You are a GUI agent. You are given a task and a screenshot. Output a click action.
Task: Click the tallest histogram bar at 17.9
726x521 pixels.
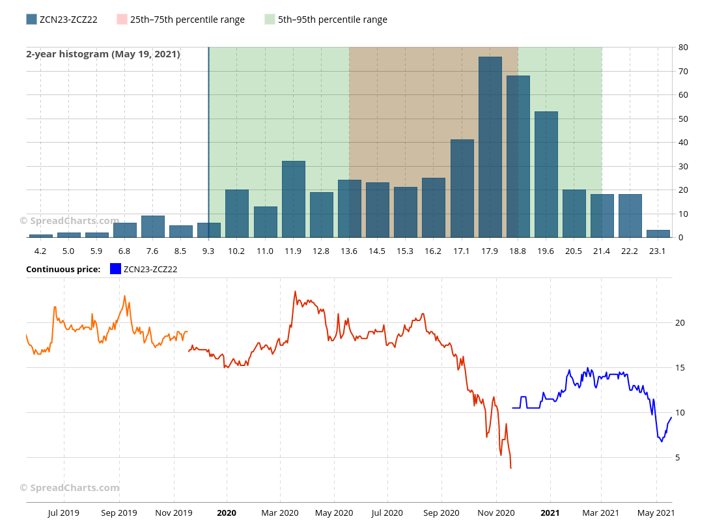coord(490,147)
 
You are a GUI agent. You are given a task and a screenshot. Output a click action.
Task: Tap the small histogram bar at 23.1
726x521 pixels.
coord(658,234)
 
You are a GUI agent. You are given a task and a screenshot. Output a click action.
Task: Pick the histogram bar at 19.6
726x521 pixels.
coord(546,175)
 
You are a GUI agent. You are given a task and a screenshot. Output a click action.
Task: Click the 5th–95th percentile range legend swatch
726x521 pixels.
coord(270,20)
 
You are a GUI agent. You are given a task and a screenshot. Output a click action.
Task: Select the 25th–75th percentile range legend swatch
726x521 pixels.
coord(122,20)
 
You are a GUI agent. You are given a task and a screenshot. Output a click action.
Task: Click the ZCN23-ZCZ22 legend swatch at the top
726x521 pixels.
coord(31,20)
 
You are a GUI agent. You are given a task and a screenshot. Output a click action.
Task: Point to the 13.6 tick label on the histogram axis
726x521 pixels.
coord(349,251)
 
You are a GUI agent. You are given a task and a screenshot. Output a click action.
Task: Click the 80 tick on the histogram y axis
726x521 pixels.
coord(683,48)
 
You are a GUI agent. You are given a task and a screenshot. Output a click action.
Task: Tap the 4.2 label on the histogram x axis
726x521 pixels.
coord(40,251)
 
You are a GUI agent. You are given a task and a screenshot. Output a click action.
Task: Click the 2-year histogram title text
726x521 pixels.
coord(103,54)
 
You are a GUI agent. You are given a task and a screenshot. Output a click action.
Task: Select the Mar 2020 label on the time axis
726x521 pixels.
coord(280,513)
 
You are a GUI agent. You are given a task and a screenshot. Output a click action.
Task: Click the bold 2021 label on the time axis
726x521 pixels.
coord(550,513)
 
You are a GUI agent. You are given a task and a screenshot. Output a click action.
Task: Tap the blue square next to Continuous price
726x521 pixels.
coord(116,268)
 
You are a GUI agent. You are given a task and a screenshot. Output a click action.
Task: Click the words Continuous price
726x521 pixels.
coord(63,269)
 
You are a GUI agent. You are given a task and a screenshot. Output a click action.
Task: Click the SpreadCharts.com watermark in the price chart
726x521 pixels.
coord(70,488)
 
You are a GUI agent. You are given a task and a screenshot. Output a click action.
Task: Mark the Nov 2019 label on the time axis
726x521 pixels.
coord(174,513)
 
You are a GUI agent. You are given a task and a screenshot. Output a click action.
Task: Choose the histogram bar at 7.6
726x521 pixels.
coord(153,227)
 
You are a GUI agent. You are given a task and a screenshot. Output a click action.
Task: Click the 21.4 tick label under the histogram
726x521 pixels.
coord(602,251)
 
